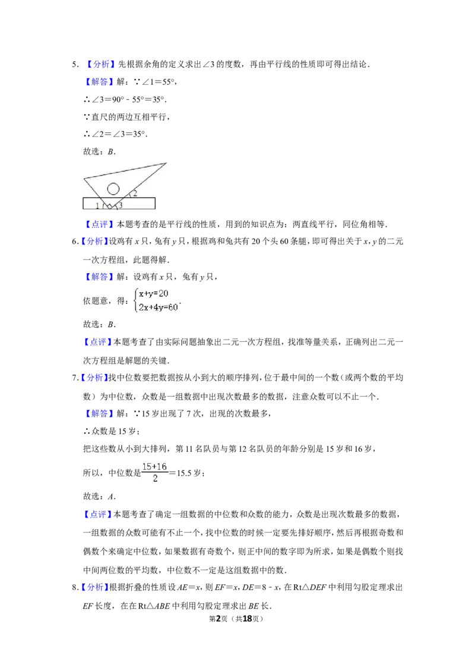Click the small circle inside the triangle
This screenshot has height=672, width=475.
[x=113, y=189]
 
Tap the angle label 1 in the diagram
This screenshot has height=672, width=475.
[x=97, y=206]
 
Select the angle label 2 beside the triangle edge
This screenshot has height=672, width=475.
[x=135, y=194]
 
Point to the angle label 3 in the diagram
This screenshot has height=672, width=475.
[x=121, y=205]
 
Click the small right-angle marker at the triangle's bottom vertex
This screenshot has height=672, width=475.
[x=109, y=207]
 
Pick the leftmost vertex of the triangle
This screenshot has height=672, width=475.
[x=84, y=177]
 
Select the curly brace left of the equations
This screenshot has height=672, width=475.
[x=136, y=300]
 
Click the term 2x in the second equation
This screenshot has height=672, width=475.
[x=143, y=307]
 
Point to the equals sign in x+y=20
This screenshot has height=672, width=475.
[x=155, y=293]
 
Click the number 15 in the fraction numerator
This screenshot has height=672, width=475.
[x=147, y=467]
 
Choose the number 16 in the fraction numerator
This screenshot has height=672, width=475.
[x=161, y=467]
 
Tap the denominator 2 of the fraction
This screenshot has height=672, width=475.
[x=155, y=478]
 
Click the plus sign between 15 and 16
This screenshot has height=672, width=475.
[x=154, y=467]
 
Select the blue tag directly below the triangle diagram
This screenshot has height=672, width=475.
[x=99, y=224]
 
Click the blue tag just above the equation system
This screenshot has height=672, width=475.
[x=99, y=277]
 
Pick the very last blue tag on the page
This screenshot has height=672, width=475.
[x=94, y=587]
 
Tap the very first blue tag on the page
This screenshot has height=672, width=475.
[x=100, y=64]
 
